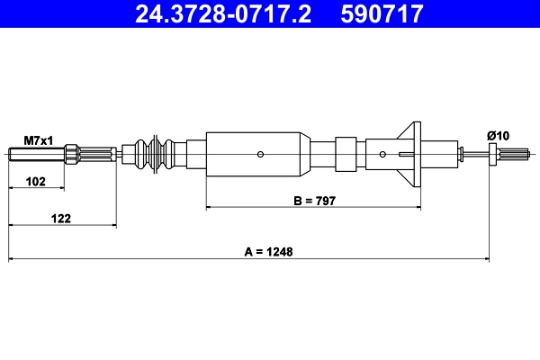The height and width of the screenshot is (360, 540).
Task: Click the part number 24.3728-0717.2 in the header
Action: pyautogui.click(x=223, y=13)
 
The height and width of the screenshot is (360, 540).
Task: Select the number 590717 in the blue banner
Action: pyautogui.click(x=382, y=13)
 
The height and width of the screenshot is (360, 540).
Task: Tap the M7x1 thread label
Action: pyautogui.click(x=39, y=140)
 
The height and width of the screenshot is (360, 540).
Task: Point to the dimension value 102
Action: pyautogui.click(x=36, y=182)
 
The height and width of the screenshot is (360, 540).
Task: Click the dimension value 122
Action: pyautogui.click(x=61, y=219)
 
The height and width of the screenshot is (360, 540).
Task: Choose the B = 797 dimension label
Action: pyautogui.click(x=314, y=201)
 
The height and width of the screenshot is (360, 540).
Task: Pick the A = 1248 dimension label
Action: pyautogui.click(x=268, y=252)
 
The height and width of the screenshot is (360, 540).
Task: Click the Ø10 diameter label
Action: pyautogui.click(x=498, y=136)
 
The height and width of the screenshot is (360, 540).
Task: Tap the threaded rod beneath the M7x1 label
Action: pyautogui.click(x=37, y=154)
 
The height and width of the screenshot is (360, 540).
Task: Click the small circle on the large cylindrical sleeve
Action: pyautogui.click(x=260, y=154)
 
